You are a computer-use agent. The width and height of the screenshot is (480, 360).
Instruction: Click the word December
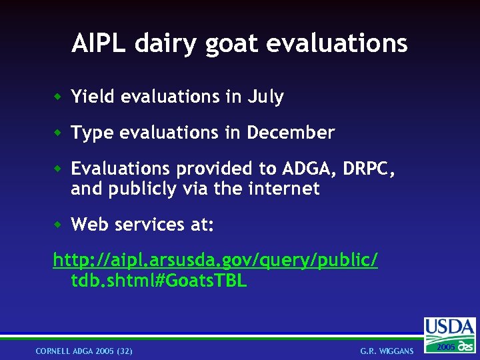click(x=290, y=133)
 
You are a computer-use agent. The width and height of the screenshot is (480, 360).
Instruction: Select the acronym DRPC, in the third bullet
click(x=369, y=169)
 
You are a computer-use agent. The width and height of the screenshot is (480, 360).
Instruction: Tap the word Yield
click(x=92, y=97)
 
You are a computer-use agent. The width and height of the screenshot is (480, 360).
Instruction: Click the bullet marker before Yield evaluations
click(x=59, y=97)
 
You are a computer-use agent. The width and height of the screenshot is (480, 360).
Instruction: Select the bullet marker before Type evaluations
click(x=59, y=133)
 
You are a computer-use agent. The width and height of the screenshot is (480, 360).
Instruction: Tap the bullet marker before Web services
click(x=59, y=225)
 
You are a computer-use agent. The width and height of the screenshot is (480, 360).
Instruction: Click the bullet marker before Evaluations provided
click(x=59, y=169)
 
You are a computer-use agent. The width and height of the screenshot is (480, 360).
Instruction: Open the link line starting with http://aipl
click(x=215, y=260)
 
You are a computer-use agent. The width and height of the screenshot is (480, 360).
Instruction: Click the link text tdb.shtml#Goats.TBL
click(x=159, y=281)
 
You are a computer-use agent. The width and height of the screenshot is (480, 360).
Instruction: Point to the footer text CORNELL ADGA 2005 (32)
click(x=84, y=351)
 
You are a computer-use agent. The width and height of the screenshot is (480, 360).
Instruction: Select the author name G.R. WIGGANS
click(x=387, y=351)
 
